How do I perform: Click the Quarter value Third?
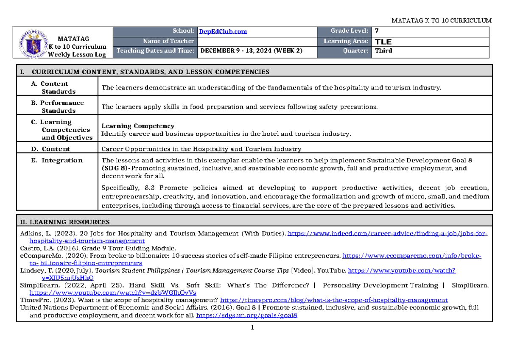383,50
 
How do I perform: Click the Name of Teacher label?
168,41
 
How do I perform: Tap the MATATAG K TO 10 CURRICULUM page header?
441,20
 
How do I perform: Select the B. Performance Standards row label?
58,106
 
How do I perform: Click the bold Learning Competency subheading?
137,126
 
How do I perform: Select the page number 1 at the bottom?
252,327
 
